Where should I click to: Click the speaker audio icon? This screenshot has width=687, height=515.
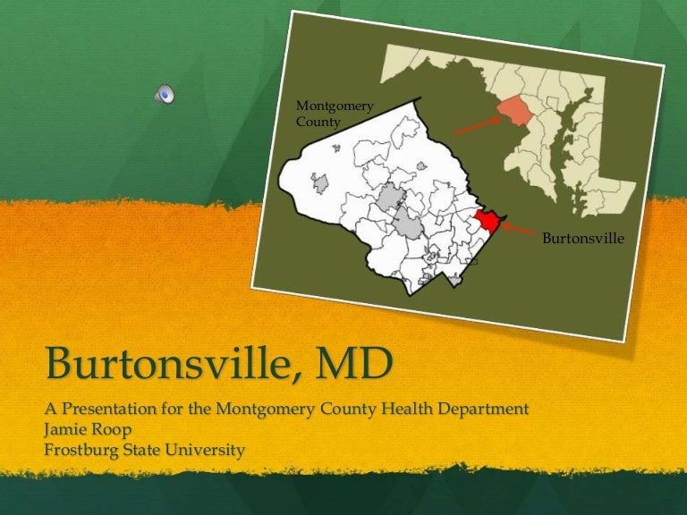pyautogui.click(x=165, y=93)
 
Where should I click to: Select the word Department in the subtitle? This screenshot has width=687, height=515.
pyautogui.click(x=479, y=409)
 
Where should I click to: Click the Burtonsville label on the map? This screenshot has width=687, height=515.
pyautogui.click(x=582, y=239)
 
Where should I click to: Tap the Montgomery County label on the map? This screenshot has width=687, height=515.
pyautogui.click(x=335, y=114)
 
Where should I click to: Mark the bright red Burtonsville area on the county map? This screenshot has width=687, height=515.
pyautogui.click(x=488, y=221)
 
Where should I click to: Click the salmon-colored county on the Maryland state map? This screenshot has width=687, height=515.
pyautogui.click(x=513, y=114)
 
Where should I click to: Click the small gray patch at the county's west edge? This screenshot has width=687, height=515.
pyautogui.click(x=319, y=183)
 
